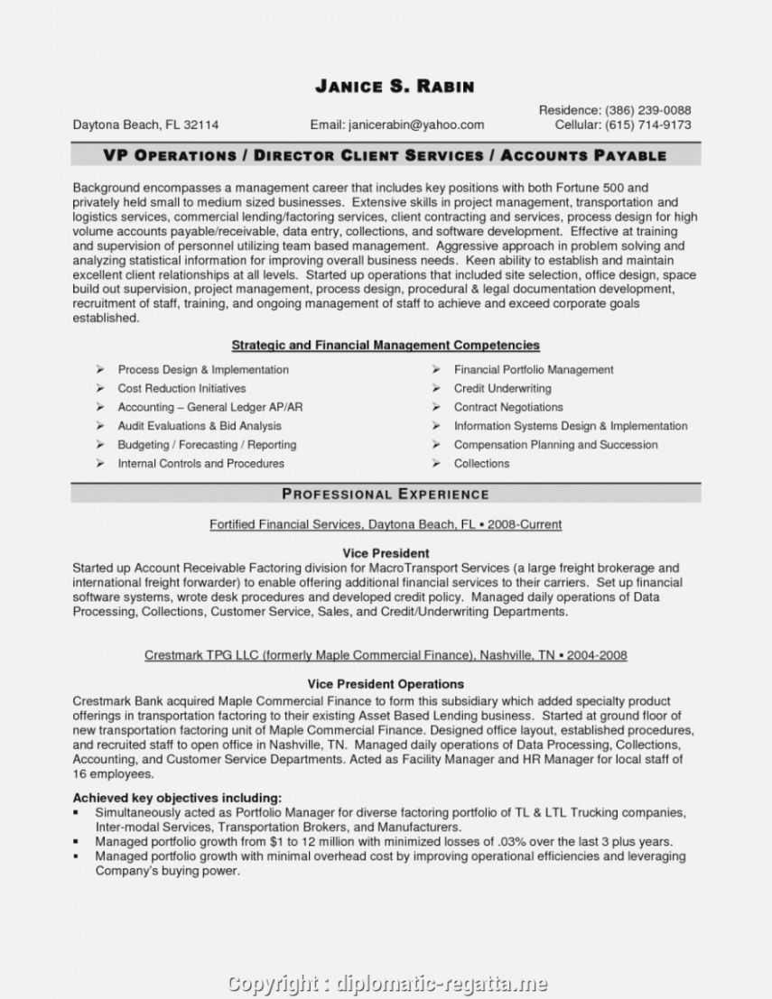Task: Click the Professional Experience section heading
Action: pos(386,494)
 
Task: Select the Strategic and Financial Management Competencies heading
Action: pos(386,345)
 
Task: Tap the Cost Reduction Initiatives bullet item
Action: pos(181,388)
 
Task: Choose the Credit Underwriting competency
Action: pos(502,388)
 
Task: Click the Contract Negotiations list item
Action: pos(508,407)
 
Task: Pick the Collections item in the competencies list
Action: pos(481,463)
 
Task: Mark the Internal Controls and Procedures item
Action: pos(200,463)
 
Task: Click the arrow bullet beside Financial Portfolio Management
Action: pos(435,369)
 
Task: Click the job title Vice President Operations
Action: pos(386,684)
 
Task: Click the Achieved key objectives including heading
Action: pos(177,798)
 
